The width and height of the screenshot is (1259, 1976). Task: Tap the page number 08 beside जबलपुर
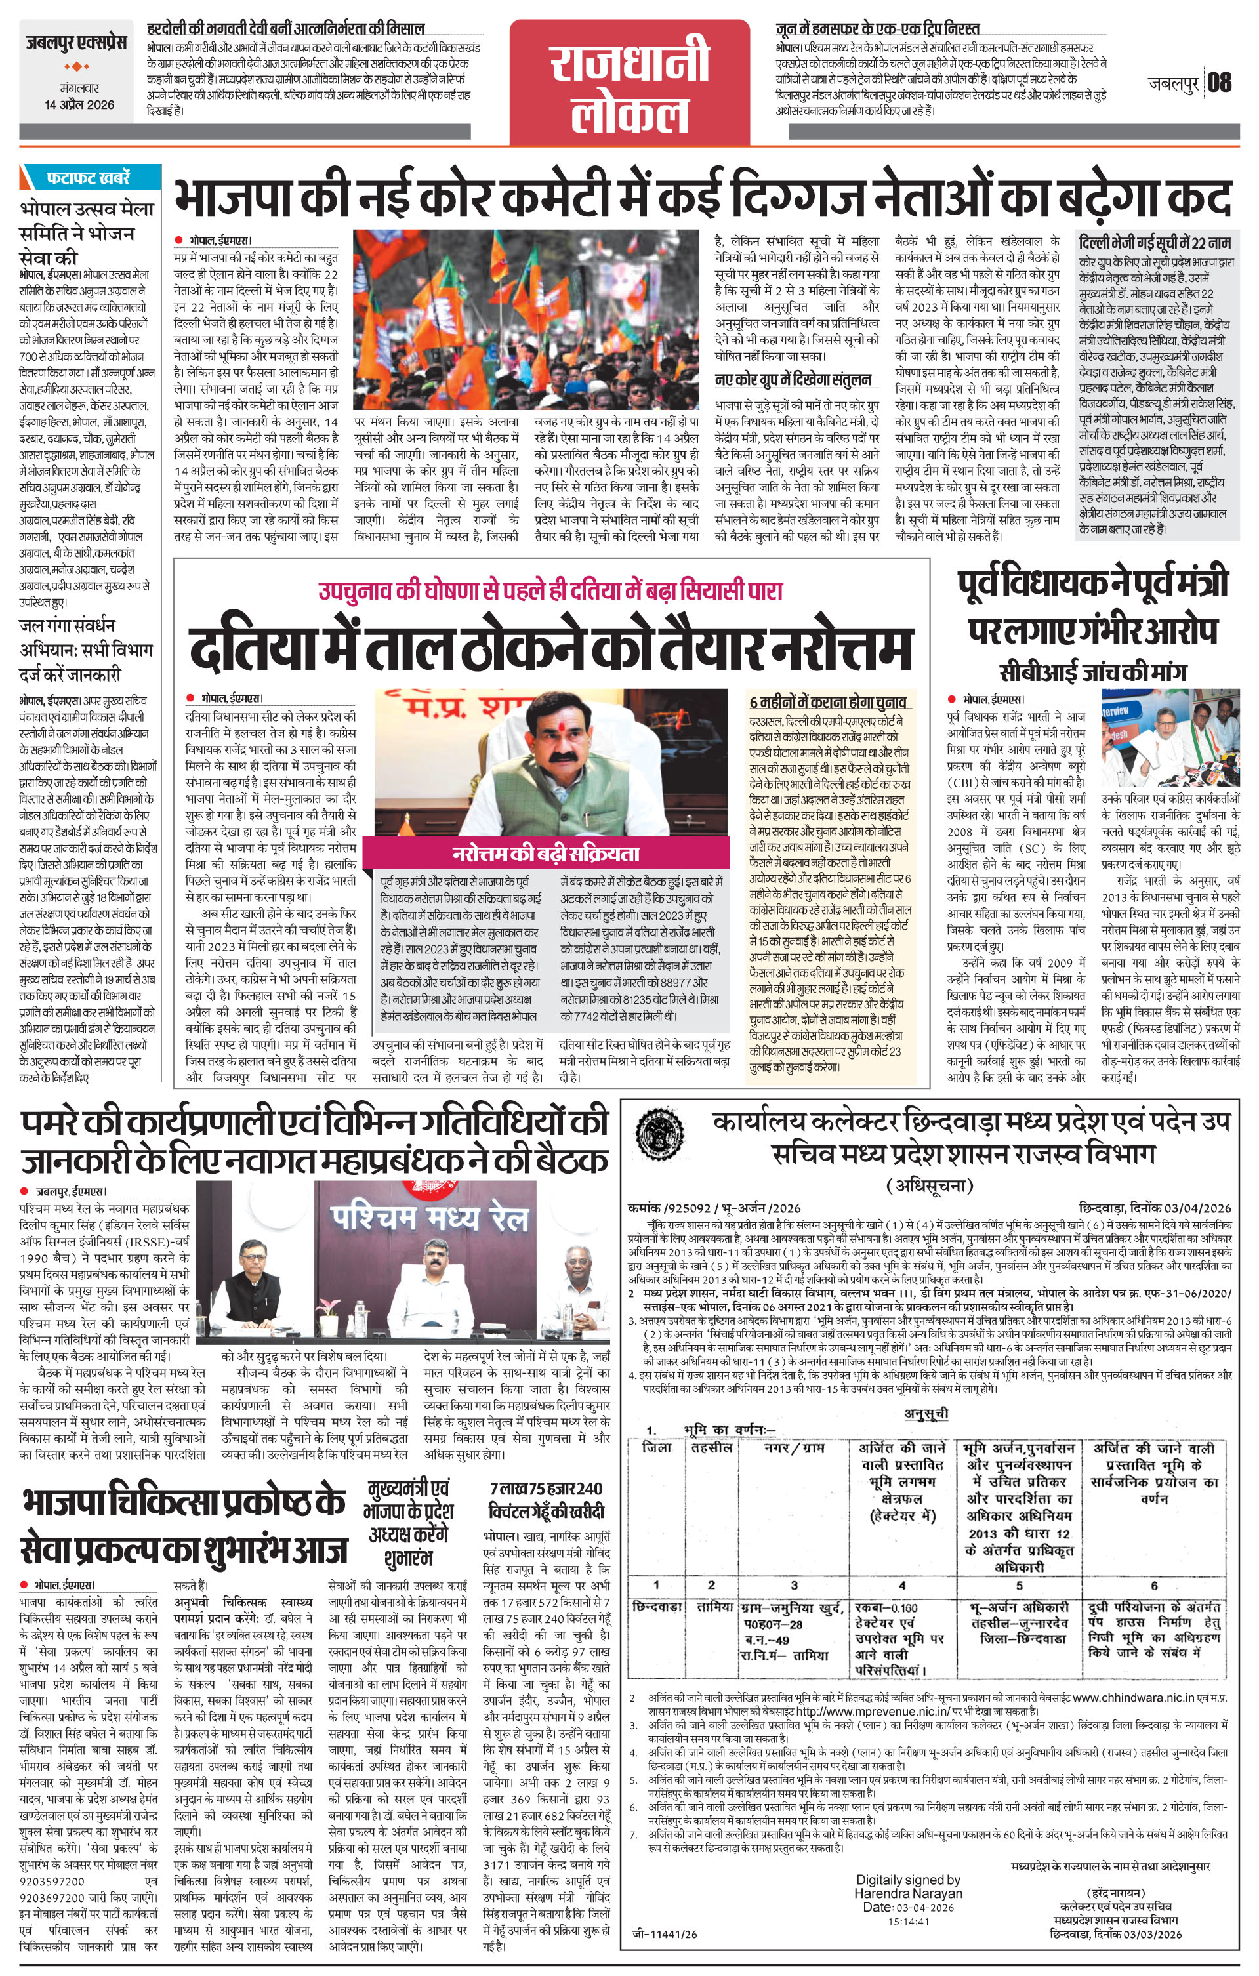[1220, 82]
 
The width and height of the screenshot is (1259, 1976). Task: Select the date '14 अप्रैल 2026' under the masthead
[79, 104]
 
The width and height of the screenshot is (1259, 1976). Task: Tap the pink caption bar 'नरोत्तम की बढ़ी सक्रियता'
[546, 854]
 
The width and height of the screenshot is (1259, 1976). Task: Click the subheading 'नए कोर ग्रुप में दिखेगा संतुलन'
[793, 379]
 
